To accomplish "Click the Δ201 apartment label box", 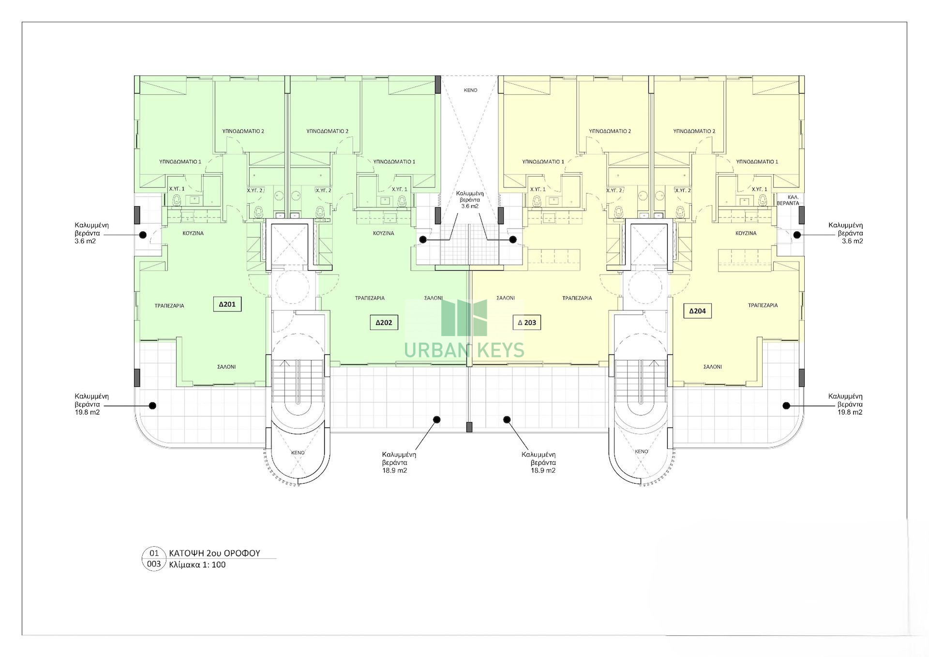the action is click(x=227, y=304).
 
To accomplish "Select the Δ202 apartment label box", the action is click(x=384, y=322).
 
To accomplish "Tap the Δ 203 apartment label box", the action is click(x=526, y=322).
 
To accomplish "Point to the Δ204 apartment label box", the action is click(x=697, y=311).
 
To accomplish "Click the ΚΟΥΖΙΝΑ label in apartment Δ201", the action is click(x=193, y=233).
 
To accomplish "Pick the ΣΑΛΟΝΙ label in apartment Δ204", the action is click(x=712, y=367).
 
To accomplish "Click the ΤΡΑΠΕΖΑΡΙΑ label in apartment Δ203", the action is click(x=577, y=298).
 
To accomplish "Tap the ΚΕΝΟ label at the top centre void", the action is click(x=470, y=90).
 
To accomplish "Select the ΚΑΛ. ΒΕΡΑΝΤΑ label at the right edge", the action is click(x=788, y=200).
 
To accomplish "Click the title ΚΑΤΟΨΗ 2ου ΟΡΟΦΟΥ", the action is click(x=214, y=553).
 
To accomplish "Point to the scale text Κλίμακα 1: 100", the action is click(x=197, y=565).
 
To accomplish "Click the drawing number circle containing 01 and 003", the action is click(x=153, y=558).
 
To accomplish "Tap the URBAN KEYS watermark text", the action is click(x=464, y=350).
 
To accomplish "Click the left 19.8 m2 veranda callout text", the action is click(x=87, y=404).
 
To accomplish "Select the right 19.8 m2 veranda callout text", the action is click(x=850, y=404).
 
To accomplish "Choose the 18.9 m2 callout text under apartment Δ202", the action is click(x=399, y=462).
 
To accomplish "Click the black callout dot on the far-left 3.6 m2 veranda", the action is click(x=143, y=235).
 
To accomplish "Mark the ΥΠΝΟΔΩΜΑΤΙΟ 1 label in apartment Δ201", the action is click(x=180, y=162).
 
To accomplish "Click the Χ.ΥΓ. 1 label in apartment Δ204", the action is click(x=759, y=189).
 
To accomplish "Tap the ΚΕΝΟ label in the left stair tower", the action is click(x=298, y=453).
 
